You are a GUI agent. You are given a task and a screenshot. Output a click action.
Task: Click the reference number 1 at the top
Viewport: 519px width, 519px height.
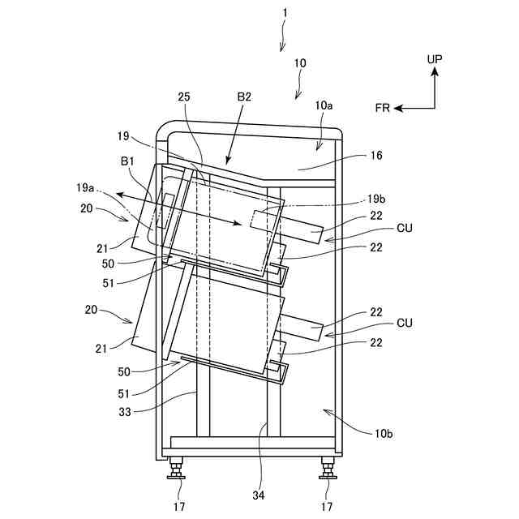point(285,14)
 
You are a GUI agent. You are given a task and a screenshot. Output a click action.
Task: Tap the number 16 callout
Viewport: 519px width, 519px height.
point(373,155)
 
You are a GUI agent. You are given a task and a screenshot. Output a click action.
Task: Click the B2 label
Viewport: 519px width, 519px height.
point(244,97)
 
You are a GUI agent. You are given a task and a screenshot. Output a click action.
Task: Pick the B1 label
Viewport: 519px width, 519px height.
point(128,161)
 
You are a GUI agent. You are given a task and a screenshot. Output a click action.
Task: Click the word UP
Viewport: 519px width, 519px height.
point(435,60)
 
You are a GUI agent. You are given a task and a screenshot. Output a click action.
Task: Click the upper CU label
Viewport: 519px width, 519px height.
point(404,229)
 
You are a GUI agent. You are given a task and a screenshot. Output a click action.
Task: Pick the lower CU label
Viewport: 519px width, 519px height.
point(404,323)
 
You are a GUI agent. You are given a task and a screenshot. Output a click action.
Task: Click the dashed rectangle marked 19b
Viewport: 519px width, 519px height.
point(265,219)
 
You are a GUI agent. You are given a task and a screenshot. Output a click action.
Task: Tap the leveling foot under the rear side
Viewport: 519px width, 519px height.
point(328,468)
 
